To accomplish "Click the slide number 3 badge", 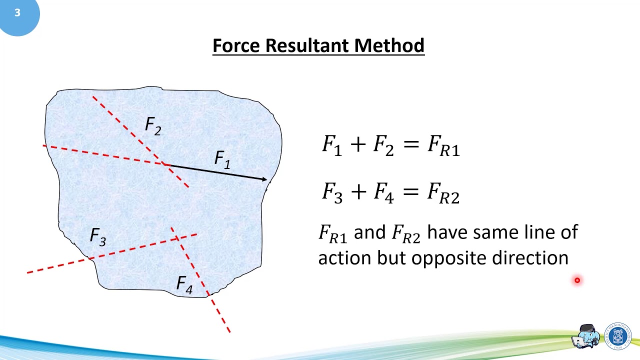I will coord(17,13).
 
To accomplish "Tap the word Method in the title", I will coord(389,45).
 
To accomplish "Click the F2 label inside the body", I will coord(153,126).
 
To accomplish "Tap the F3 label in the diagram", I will coord(98,236).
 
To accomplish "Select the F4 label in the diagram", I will coord(184,284).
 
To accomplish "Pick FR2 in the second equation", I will coord(443,193).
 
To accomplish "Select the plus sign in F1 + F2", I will coord(357,144).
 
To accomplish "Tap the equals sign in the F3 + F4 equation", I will coord(409,191).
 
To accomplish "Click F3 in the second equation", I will coord(332,193).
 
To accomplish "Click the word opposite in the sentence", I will coord(449,258).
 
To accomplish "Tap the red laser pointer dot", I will coord(577,280).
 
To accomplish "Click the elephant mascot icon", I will coord(587,336).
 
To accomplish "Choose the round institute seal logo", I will coord(618,335).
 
